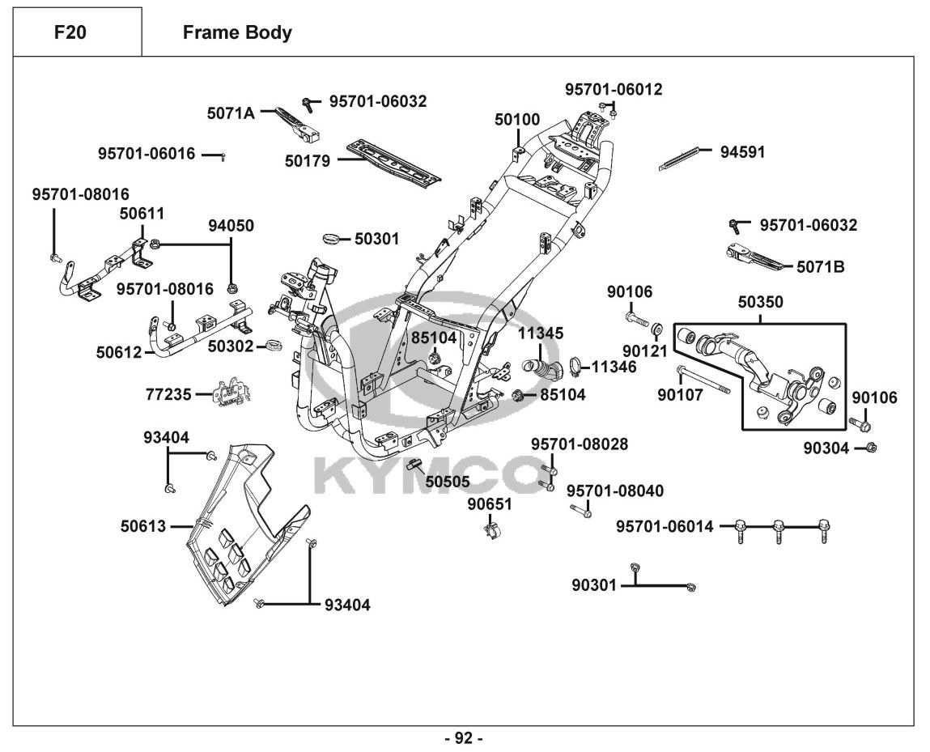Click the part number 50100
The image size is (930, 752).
tap(517, 120)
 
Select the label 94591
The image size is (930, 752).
tap(742, 151)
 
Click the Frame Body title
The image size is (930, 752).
tap(237, 33)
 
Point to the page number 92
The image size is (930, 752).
tap(464, 737)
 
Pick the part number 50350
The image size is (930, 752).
tap(760, 302)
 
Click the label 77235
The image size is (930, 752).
tap(168, 394)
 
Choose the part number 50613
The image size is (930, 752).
tap(143, 526)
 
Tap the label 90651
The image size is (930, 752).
tap(490, 504)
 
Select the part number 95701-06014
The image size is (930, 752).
tap(665, 527)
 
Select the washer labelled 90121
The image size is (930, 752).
tap(656, 329)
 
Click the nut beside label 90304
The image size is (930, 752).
tap(872, 447)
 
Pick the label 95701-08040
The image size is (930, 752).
tap(614, 491)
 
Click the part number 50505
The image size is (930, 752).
tap(448, 481)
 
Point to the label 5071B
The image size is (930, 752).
tap(820, 266)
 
